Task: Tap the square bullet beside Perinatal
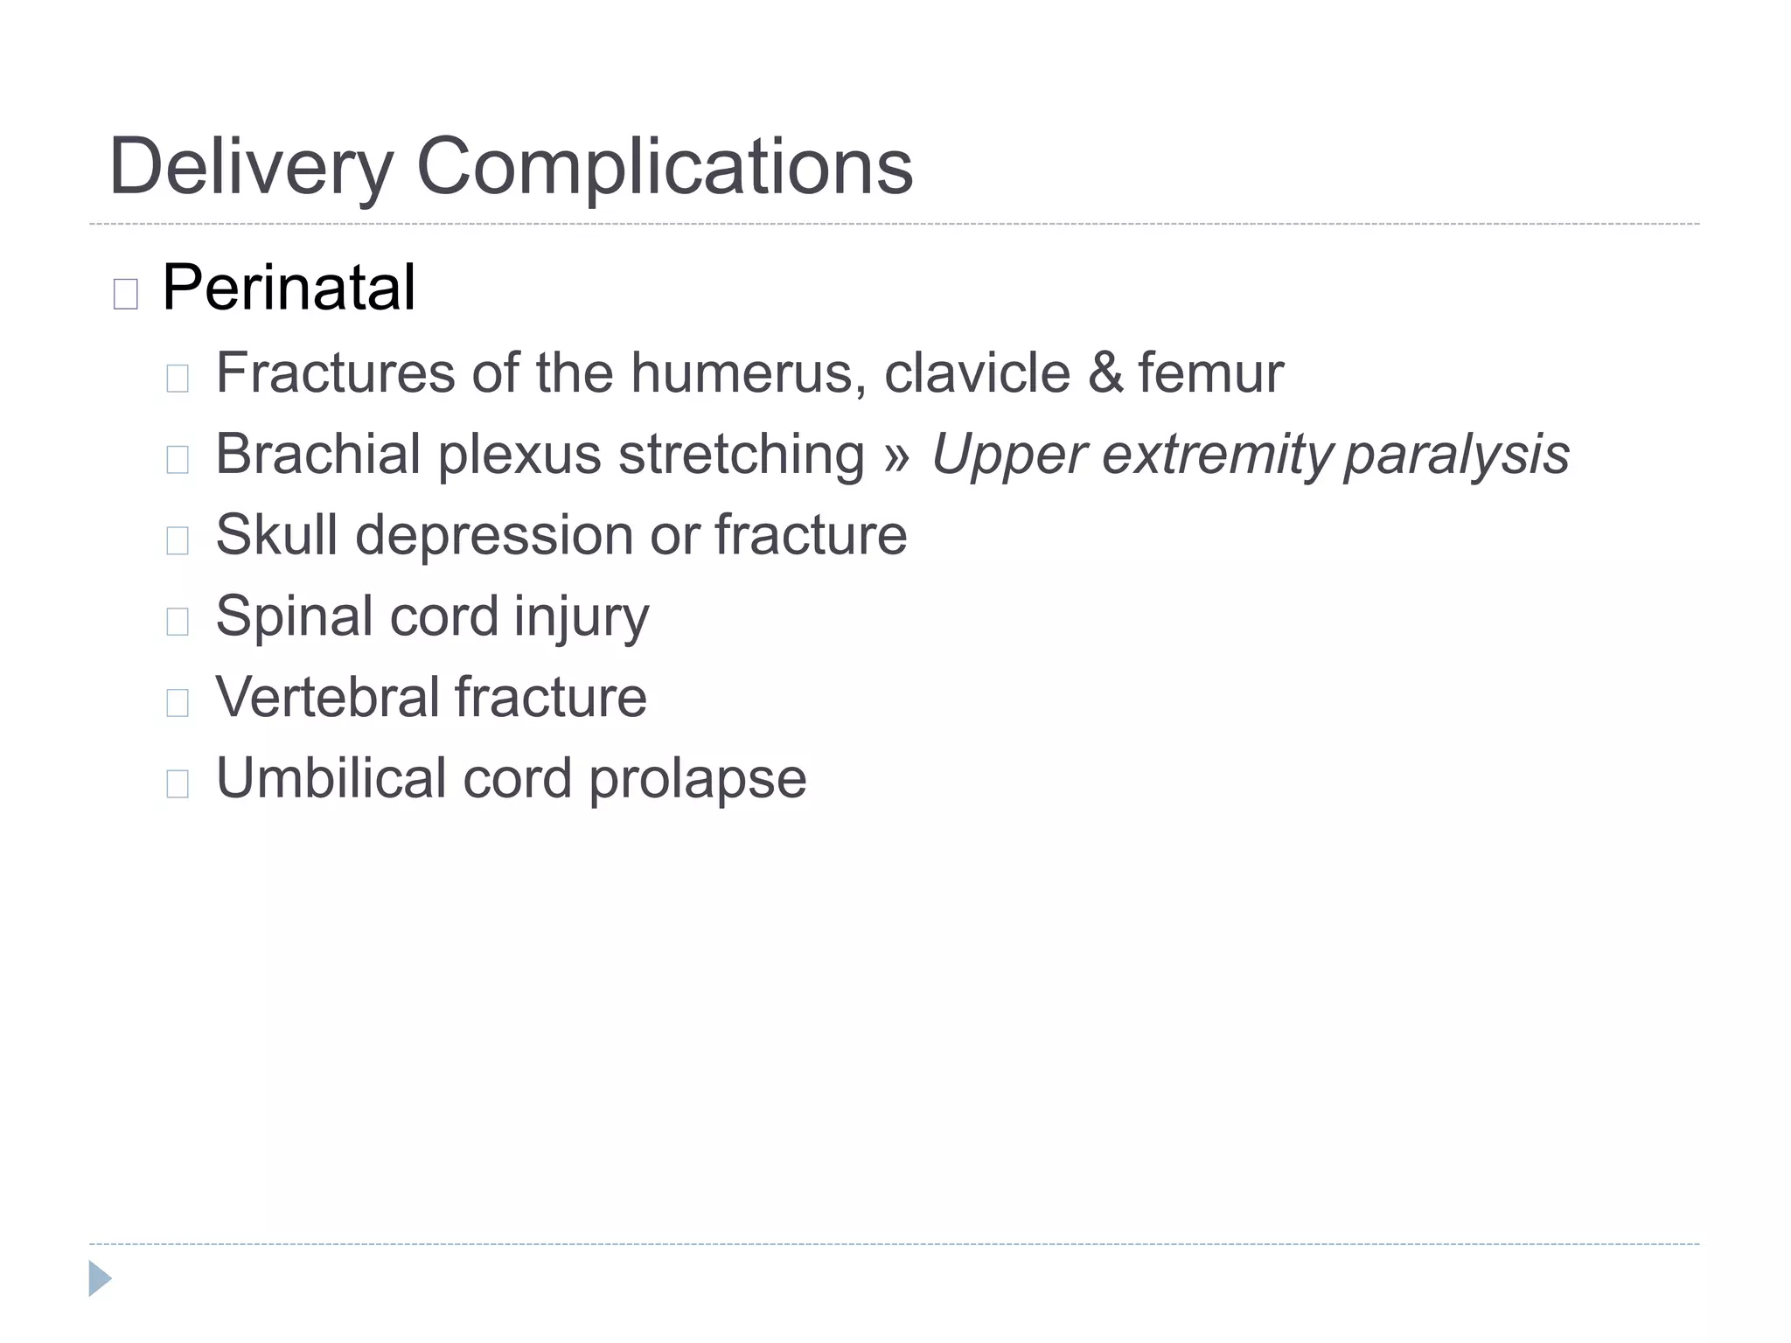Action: (x=126, y=294)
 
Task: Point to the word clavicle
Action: (x=977, y=372)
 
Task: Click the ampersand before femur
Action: (x=1105, y=372)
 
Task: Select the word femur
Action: (x=1210, y=372)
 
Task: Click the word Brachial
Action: (x=318, y=454)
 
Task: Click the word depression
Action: (x=493, y=534)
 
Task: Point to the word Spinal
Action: (x=294, y=616)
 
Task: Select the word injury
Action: (x=581, y=616)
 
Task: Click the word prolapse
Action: (x=697, y=777)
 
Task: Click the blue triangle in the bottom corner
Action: (x=100, y=1278)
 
